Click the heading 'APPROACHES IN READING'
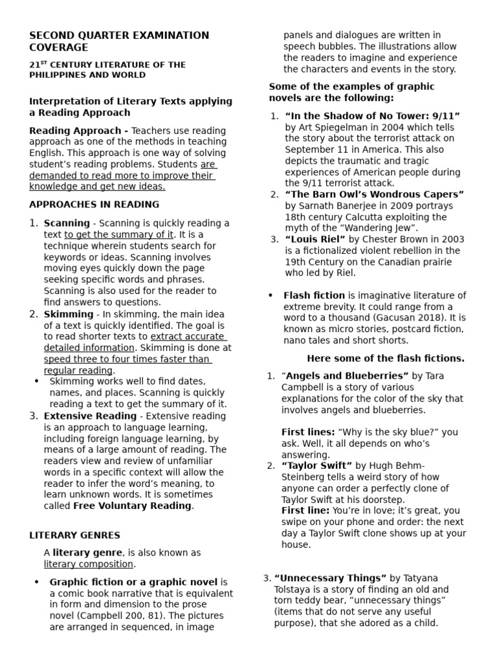[x=94, y=205]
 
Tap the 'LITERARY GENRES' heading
[x=74, y=535]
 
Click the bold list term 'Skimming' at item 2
[x=69, y=314]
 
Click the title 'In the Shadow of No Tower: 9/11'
[x=372, y=116]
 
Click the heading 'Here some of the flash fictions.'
[x=385, y=358]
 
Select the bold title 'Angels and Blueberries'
[x=347, y=376]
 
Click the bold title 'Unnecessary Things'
[x=330, y=578]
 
